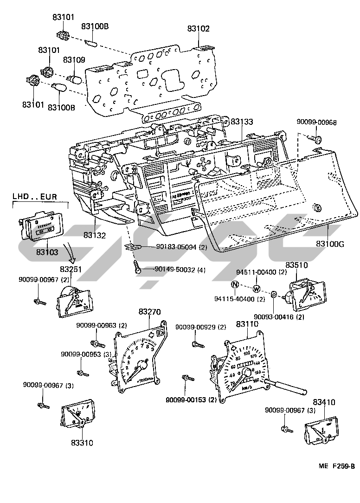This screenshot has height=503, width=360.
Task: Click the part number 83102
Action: tap(199, 29)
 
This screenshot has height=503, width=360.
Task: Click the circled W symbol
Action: tap(257, 289)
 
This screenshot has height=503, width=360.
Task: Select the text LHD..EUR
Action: tap(35, 197)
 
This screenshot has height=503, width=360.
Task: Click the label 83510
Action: tap(296, 265)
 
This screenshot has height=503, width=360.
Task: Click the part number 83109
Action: tap(74, 60)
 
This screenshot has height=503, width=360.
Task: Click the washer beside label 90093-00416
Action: tap(274, 295)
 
